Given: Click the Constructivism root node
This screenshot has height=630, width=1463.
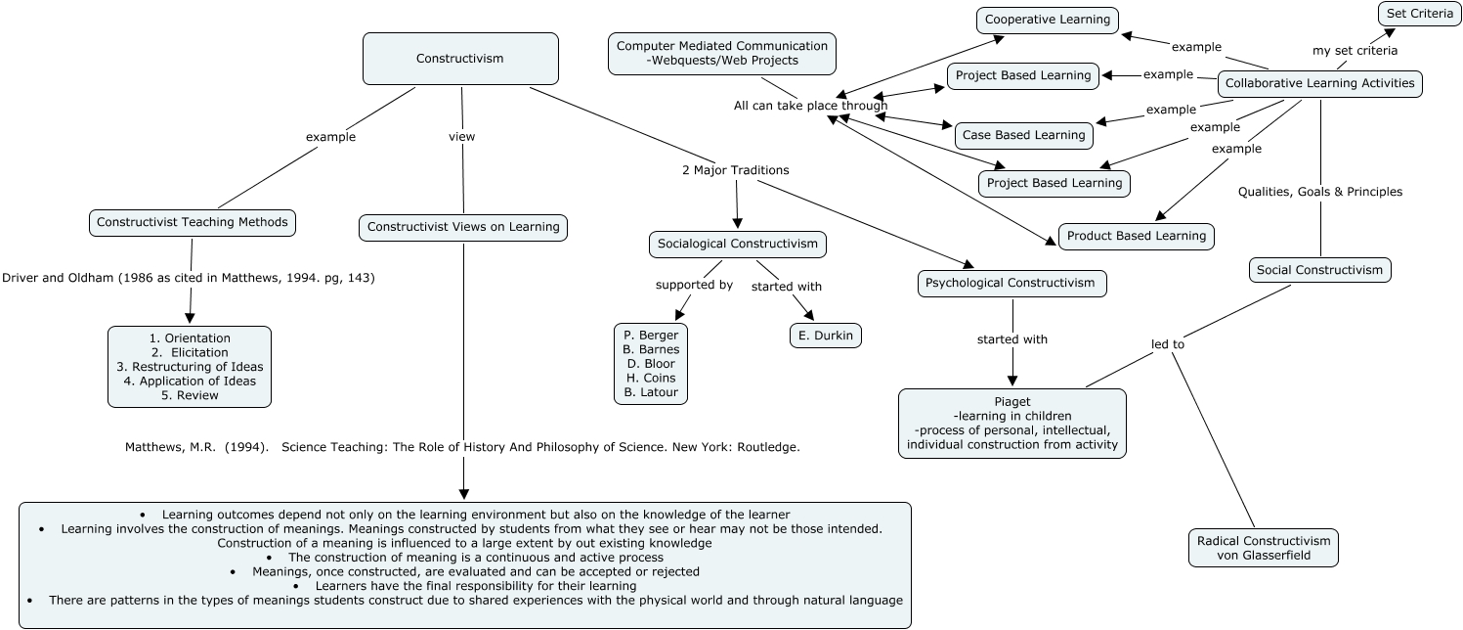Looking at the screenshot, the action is pos(460,59).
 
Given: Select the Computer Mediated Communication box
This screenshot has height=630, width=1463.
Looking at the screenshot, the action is pos(721,54).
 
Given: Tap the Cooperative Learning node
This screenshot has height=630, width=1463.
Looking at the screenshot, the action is pos(1048,20).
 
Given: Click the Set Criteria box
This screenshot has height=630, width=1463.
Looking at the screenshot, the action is pos(1420,14).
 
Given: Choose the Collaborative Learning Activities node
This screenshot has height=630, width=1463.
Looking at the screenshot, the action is pos(1320,84).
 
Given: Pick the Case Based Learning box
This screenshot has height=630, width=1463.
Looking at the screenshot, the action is pos(1023,135).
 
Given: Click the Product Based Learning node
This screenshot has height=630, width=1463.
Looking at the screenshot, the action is pos(1137,236).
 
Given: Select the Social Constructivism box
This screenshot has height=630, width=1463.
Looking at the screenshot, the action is pos(1320,270).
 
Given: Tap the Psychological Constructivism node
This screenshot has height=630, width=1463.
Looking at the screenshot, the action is pos(1011,283).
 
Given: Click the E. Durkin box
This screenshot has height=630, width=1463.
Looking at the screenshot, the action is pos(826,336).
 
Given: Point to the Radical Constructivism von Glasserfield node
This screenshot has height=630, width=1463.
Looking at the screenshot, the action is pos(1263,548).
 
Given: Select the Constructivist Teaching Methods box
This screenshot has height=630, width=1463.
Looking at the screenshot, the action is pos(192,222).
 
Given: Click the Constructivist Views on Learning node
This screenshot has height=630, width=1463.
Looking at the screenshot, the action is pos(463,227).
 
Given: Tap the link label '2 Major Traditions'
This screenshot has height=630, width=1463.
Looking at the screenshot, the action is pos(736,170).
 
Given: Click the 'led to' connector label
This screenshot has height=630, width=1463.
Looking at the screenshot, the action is pos(1168,344).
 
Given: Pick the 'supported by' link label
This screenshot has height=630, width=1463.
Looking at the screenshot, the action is pos(694,285).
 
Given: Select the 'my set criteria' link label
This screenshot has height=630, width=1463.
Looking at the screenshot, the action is pos(1355,51).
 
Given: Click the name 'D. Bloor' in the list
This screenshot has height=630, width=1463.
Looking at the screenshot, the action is pos(651,364).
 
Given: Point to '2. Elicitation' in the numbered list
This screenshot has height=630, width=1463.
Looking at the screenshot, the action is pos(190,353).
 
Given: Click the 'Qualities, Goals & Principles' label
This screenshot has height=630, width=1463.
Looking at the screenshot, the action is pos(1320,192).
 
